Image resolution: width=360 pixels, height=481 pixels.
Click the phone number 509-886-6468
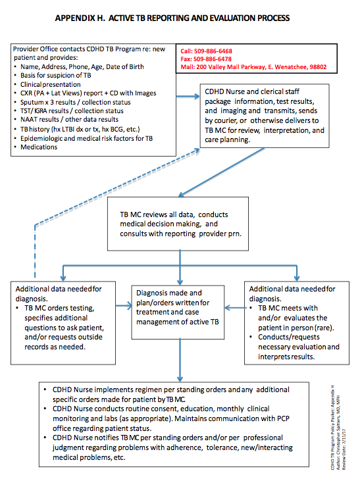(x=213, y=51)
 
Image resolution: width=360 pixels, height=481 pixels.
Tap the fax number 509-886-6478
(x=213, y=59)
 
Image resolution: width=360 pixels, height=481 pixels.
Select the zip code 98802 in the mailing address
(x=318, y=67)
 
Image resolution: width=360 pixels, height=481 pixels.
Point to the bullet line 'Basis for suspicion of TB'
(x=55, y=76)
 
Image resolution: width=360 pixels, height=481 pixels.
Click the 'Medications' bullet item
(x=39, y=147)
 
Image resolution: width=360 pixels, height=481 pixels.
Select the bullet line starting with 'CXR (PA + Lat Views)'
(x=88, y=93)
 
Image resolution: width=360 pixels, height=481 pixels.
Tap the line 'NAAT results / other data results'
(x=69, y=120)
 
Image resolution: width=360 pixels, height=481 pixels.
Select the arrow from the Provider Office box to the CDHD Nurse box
(x=188, y=97)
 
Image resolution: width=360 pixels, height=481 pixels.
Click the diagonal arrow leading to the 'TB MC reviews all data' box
(x=221, y=172)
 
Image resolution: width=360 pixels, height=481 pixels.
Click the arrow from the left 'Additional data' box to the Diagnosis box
(x=124, y=306)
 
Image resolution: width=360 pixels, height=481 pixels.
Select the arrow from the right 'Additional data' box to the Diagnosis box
(x=236, y=308)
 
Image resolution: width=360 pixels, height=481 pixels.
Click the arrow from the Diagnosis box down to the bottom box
(x=180, y=360)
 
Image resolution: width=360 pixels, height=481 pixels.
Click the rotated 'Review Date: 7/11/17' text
(x=344, y=449)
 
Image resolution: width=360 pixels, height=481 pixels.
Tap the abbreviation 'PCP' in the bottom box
(x=283, y=418)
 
